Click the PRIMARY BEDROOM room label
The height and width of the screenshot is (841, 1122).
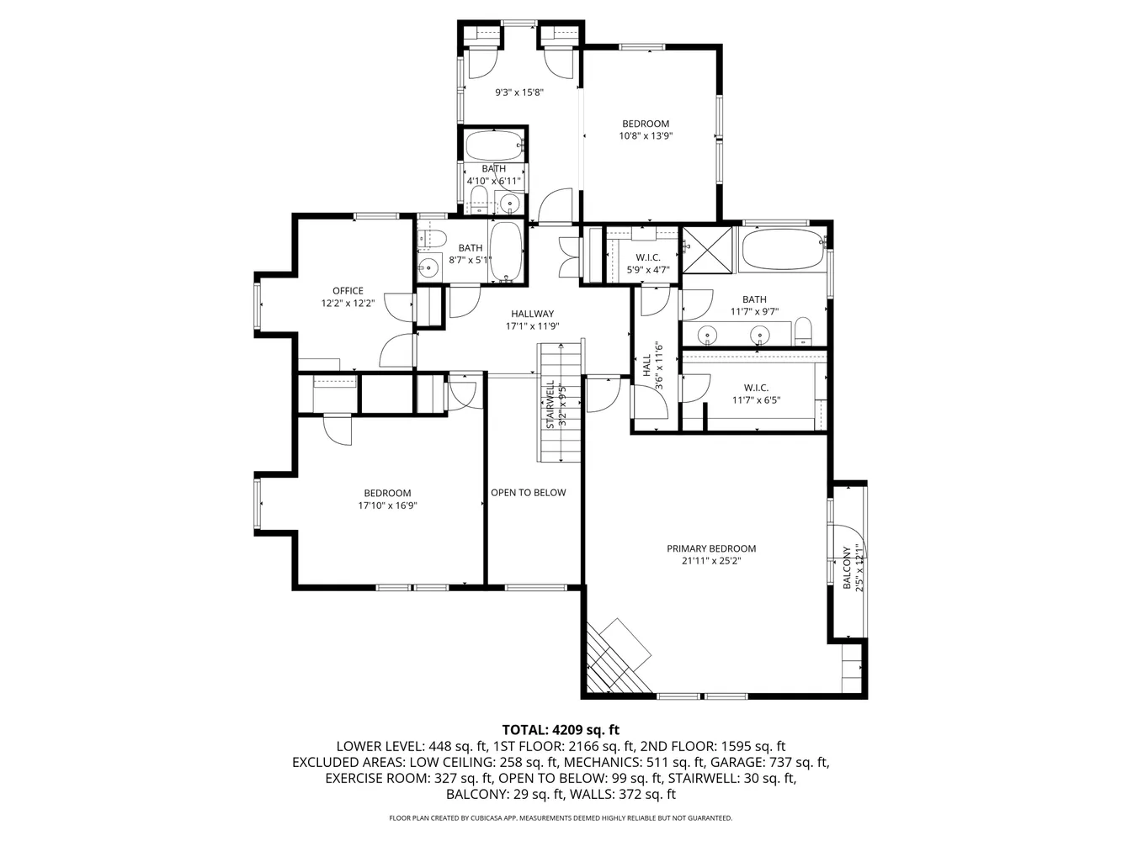pyautogui.click(x=711, y=548)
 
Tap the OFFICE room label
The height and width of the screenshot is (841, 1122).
pyautogui.click(x=348, y=291)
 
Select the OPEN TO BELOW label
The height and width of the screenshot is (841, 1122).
pyautogui.click(x=529, y=493)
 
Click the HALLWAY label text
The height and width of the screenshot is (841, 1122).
pyautogui.click(x=532, y=314)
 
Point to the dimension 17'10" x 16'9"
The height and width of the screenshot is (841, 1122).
pyautogui.click(x=387, y=506)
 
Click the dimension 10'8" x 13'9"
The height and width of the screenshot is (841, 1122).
pyautogui.click(x=646, y=135)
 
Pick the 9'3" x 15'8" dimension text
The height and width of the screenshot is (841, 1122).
pyautogui.click(x=518, y=93)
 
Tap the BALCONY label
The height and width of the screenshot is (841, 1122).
pyautogui.click(x=848, y=568)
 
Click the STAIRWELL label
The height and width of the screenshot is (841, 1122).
pyautogui.click(x=550, y=405)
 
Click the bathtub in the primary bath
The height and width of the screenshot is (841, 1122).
pyautogui.click(x=782, y=250)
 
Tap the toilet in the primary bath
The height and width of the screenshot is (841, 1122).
pyautogui.click(x=803, y=331)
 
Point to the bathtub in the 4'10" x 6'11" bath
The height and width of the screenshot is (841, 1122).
pyautogui.click(x=493, y=145)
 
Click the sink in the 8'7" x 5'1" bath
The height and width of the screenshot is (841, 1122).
pyautogui.click(x=429, y=269)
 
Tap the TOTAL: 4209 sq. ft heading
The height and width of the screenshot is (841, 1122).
pyautogui.click(x=561, y=730)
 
